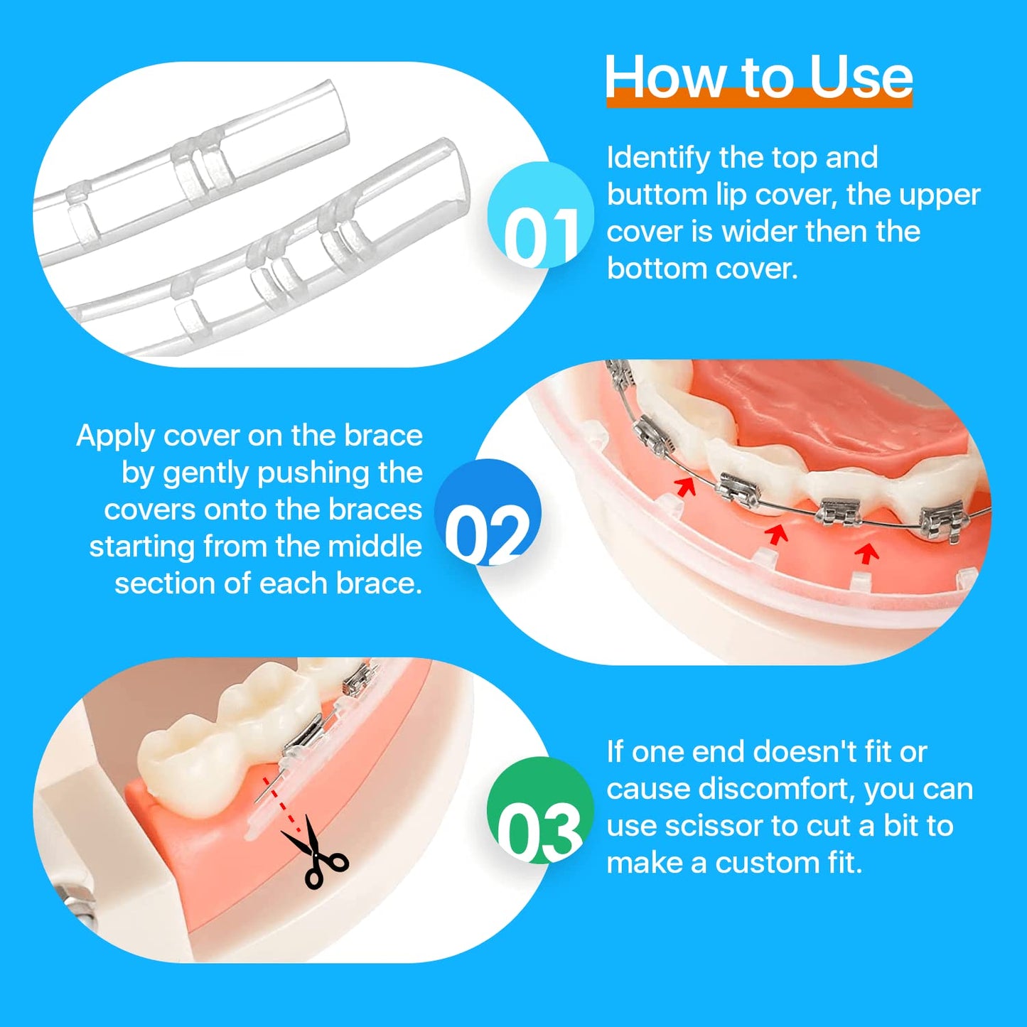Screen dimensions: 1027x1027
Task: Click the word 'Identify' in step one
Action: [x=658, y=158]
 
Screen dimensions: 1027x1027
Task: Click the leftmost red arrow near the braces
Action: [x=685, y=487]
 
